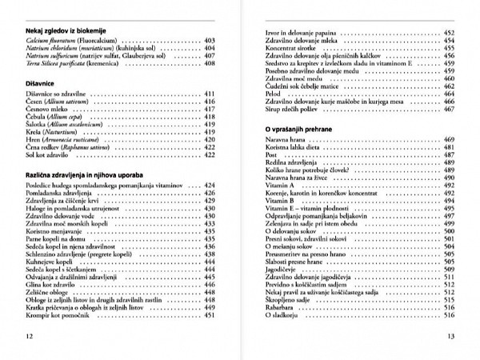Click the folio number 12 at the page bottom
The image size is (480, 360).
[30, 336]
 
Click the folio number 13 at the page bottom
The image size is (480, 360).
[450, 336]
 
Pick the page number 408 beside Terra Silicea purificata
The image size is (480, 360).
[210, 63]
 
